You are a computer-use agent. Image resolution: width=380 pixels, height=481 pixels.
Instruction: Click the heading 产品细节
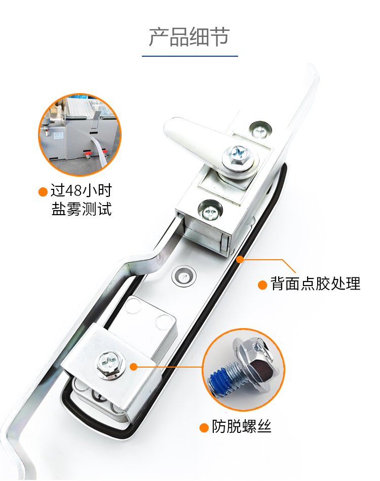tap(189, 37)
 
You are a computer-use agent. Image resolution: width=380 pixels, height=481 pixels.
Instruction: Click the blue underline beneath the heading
tap(189, 56)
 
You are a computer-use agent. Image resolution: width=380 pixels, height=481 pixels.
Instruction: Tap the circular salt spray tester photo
tap(80, 135)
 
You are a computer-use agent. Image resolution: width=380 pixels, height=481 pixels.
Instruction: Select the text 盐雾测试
tap(82, 209)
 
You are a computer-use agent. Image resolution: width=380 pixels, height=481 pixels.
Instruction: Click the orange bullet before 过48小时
tap(43, 191)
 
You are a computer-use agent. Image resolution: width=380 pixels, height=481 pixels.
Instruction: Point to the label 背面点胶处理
tap(315, 284)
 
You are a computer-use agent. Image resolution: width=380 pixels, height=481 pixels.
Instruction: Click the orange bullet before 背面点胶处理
tap(262, 285)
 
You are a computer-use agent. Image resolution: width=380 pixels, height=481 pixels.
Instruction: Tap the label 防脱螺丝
tap(242, 426)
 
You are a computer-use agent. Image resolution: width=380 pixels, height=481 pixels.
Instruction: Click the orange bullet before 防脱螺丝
tap(204, 428)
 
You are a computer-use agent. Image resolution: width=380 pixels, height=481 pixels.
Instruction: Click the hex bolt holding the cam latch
tap(238, 156)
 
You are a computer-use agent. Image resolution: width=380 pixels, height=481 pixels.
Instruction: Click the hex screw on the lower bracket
tap(109, 364)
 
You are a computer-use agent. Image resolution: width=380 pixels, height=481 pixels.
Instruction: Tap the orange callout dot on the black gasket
tap(240, 260)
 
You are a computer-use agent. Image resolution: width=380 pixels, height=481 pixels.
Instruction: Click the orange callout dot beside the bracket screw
tap(133, 367)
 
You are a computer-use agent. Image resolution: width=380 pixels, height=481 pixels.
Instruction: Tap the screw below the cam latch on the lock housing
tap(211, 211)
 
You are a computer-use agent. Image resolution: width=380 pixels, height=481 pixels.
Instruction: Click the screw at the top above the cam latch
tap(260, 130)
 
